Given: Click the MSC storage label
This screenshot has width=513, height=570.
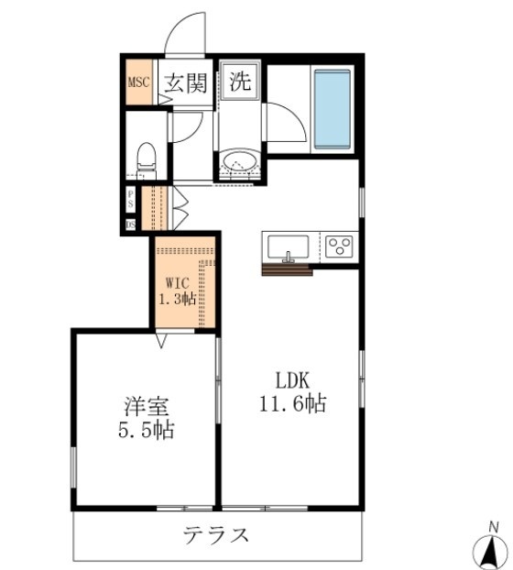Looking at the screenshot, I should click(138, 82).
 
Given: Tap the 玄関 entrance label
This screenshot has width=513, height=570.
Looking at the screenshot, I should click(185, 83).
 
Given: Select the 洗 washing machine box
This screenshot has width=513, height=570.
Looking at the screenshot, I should click(240, 82).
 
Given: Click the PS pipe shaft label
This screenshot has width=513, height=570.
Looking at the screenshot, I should click(130, 197).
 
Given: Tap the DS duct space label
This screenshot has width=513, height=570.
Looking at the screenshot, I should click(130, 223).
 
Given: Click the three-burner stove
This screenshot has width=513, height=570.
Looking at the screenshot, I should click(340, 247).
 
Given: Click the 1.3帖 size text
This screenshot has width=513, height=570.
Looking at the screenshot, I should click(180, 299).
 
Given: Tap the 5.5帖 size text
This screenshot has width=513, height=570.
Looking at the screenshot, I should click(146, 429).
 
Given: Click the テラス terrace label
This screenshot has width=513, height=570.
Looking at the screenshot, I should click(216, 535).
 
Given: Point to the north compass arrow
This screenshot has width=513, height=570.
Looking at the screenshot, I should click(490, 548).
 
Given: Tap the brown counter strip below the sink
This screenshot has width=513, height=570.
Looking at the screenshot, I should click(287, 269).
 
